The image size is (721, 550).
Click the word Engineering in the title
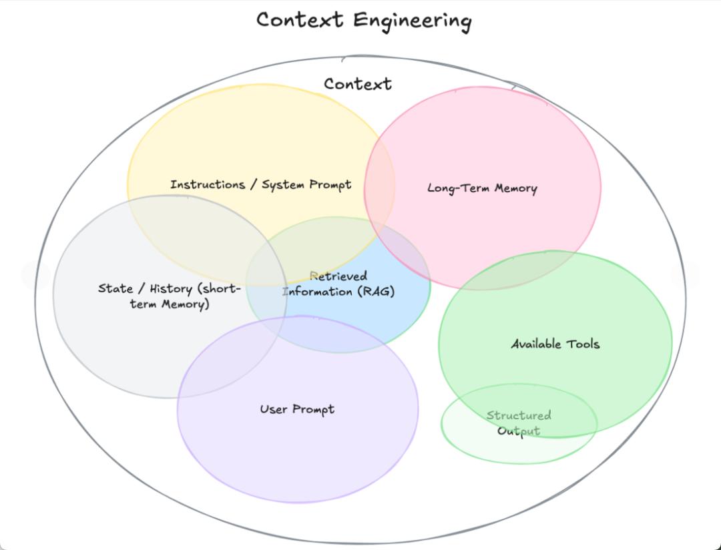click(x=412, y=20)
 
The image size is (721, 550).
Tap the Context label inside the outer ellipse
click(x=358, y=84)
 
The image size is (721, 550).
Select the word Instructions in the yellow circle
click(x=208, y=184)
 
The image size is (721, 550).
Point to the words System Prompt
click(x=306, y=185)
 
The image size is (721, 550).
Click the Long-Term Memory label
click(x=482, y=188)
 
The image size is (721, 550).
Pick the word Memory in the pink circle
click(x=515, y=188)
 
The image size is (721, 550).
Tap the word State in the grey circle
click(x=115, y=288)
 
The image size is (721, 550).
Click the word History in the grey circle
click(x=172, y=289)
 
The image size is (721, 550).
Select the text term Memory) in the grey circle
click(x=170, y=304)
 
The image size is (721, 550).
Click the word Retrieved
click(x=338, y=276)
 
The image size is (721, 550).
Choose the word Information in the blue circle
click(x=317, y=292)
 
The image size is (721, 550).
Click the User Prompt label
click(x=297, y=409)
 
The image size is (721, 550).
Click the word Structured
click(x=519, y=415)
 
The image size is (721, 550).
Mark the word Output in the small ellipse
click(x=519, y=431)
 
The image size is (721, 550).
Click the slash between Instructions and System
click(x=254, y=185)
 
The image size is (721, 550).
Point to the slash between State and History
click(x=141, y=289)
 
